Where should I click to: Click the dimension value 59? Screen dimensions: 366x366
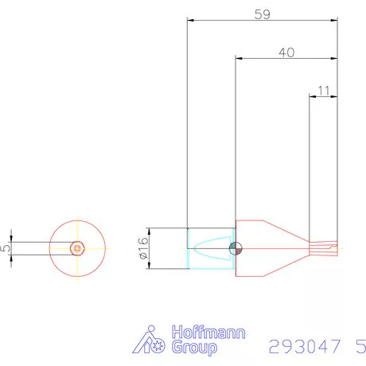pyautogui.click(x=261, y=14)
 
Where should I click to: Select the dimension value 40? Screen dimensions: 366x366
pyautogui.click(x=286, y=53)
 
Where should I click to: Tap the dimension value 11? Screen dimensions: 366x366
pyautogui.click(x=323, y=91)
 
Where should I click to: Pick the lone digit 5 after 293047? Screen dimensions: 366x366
pyautogui.click(x=361, y=347)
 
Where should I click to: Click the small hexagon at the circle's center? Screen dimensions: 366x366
pyautogui.click(x=76, y=247)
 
